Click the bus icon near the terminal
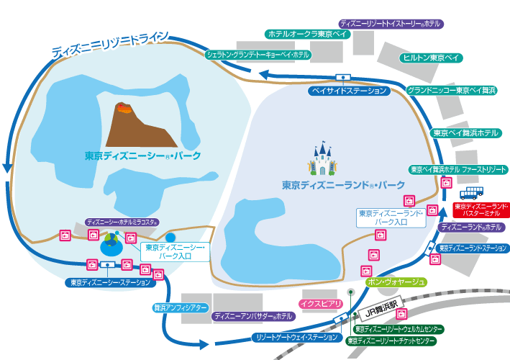pos(472,192)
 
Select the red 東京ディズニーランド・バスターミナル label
pos(481,210)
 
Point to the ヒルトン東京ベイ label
pos(432,58)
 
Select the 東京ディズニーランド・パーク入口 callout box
pos(392,217)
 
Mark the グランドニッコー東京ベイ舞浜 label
pos(452,90)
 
